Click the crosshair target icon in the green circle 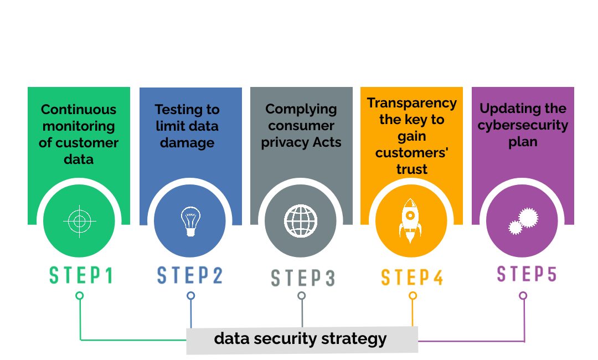click(x=79, y=221)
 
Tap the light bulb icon click(x=190, y=221)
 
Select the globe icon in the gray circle click(x=301, y=221)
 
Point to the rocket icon click(x=410, y=221)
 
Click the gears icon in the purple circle click(x=523, y=221)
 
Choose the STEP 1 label click(x=81, y=275)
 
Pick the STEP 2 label click(x=190, y=275)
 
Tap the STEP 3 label click(x=303, y=277)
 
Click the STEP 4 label click(x=413, y=277)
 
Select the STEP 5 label click(x=527, y=274)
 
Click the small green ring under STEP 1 click(x=79, y=296)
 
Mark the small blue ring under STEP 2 click(x=190, y=296)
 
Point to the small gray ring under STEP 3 click(x=302, y=296)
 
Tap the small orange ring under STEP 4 click(x=413, y=296)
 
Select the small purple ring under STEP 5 click(x=523, y=296)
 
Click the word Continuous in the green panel click(x=79, y=110)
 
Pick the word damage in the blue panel click(x=187, y=143)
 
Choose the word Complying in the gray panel click(x=301, y=110)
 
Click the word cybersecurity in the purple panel click(x=523, y=126)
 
